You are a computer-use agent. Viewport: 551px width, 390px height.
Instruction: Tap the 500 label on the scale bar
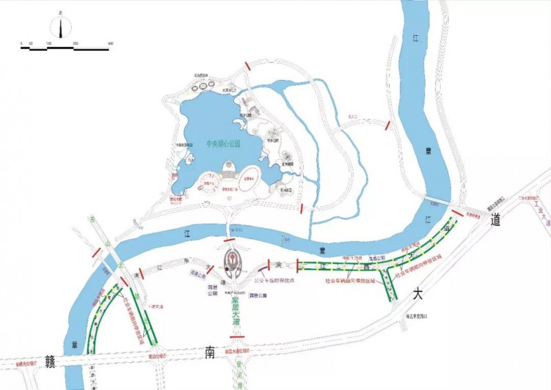pyautogui.click(x=111, y=43)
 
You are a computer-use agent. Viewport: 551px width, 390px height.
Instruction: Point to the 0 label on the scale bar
pyautogui.click(x=21, y=43)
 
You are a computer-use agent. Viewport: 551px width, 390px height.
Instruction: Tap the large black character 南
pyautogui.click(x=211, y=353)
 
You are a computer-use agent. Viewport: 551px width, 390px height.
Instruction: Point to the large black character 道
pyautogui.click(x=495, y=220)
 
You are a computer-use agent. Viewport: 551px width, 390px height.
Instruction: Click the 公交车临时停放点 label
pyautogui.click(x=273, y=281)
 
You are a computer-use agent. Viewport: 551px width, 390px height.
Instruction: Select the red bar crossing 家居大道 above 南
pyautogui.click(x=238, y=338)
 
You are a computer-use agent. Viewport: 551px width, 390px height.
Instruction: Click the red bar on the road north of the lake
pyautogui.click(x=247, y=66)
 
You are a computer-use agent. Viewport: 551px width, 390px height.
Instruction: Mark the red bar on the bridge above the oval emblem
pyautogui.click(x=229, y=240)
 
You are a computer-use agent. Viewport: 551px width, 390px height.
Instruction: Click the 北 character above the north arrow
pyautogui.click(x=61, y=12)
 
